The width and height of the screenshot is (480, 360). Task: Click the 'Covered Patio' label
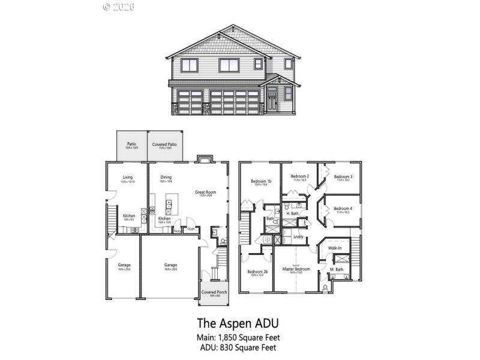164,145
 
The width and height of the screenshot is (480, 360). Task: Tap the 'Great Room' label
205,193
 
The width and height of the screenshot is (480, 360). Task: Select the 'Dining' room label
166,177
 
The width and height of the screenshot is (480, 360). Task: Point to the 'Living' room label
127,177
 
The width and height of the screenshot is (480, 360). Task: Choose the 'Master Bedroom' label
296,269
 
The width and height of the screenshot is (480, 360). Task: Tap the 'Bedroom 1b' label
261,181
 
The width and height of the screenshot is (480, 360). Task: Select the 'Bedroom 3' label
343,176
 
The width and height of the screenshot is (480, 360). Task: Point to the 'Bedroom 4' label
343,208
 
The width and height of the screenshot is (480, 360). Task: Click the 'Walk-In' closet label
335,248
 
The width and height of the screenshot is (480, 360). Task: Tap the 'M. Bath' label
336,269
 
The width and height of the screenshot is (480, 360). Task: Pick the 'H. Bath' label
292,214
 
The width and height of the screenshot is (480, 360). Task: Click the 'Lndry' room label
298,236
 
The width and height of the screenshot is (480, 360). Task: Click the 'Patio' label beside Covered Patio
131,145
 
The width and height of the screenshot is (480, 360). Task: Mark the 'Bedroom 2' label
300,176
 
